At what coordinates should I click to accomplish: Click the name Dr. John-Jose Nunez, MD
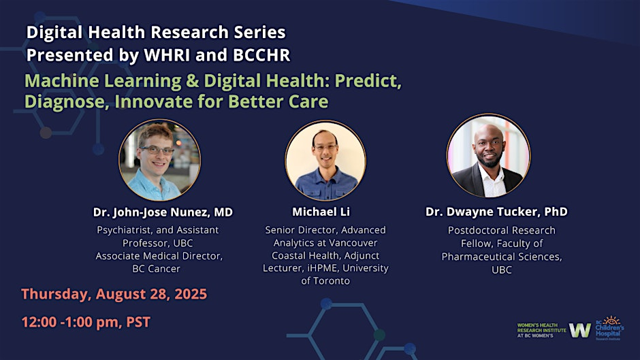163,212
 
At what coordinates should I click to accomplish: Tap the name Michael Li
321,212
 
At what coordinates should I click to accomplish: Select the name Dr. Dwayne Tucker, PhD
496,212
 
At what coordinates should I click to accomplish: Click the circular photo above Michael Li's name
325,161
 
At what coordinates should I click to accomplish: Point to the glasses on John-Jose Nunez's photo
157,150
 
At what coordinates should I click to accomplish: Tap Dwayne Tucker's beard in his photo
490,162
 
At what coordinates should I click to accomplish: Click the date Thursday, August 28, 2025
114,294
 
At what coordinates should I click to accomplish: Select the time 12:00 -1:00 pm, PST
86,322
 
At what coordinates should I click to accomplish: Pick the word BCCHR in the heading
261,55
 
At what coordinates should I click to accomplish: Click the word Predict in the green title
368,81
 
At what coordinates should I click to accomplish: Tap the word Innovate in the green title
153,101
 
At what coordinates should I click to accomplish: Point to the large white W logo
580,330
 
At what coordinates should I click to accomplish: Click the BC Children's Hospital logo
609,328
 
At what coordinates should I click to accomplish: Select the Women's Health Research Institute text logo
541,330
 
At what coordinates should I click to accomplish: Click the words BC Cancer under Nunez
157,269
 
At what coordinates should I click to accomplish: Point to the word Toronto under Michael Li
331,281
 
